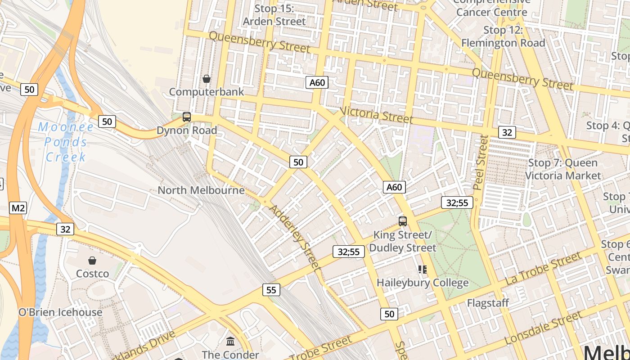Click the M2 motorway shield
point(18,208)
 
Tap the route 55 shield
point(271,290)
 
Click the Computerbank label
point(207,92)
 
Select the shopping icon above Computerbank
point(207,79)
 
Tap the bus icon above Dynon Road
point(187,117)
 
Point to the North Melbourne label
point(201,190)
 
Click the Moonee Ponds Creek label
point(66,142)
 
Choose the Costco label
point(92,274)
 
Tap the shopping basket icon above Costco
point(92,261)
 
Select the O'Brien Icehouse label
point(60,312)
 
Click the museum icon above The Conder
point(230,341)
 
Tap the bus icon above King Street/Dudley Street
point(403,221)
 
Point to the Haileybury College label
point(423,283)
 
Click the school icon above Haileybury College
point(422,270)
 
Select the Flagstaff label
point(488,303)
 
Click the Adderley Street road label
point(295,238)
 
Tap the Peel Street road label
point(481,162)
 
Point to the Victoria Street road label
point(377,115)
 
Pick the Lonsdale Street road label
point(544,328)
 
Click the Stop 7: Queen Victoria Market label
point(563,169)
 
